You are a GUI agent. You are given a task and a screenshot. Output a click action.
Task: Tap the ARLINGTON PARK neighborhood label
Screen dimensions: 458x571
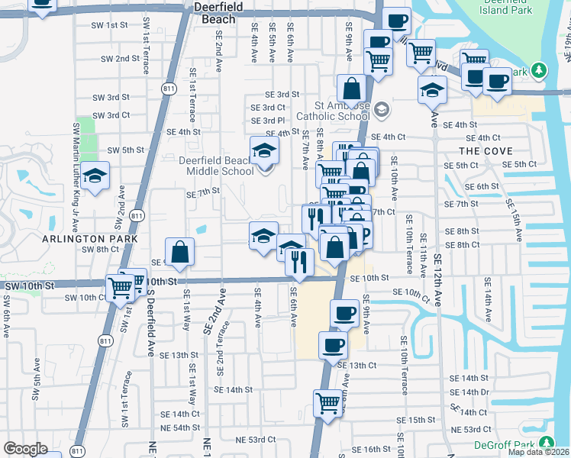[x=90, y=238]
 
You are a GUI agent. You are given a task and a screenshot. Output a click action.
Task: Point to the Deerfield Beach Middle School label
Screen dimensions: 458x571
[x=216, y=166]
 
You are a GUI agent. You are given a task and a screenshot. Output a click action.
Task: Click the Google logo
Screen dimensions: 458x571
[x=25, y=449]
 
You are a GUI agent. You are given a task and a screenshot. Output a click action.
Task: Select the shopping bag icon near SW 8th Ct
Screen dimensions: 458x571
[x=179, y=253]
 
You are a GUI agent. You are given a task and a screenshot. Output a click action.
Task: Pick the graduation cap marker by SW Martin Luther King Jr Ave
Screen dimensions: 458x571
[x=95, y=177]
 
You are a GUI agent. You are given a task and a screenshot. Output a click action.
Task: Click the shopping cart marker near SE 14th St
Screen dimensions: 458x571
[x=327, y=402]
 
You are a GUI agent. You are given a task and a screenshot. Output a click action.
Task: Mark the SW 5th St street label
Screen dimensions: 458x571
[x=126, y=150]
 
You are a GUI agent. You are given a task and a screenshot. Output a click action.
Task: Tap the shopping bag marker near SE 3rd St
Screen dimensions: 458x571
[x=351, y=89]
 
